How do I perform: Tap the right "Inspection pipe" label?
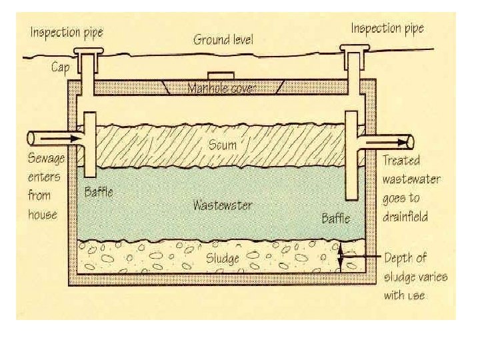387,28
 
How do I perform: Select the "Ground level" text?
224,39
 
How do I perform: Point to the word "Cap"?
61,67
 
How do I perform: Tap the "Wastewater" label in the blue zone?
223,205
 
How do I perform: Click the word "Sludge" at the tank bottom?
221,257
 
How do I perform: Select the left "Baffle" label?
99,192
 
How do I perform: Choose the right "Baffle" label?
337,218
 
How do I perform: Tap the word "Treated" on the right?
401,161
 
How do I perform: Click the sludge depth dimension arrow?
341,257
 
